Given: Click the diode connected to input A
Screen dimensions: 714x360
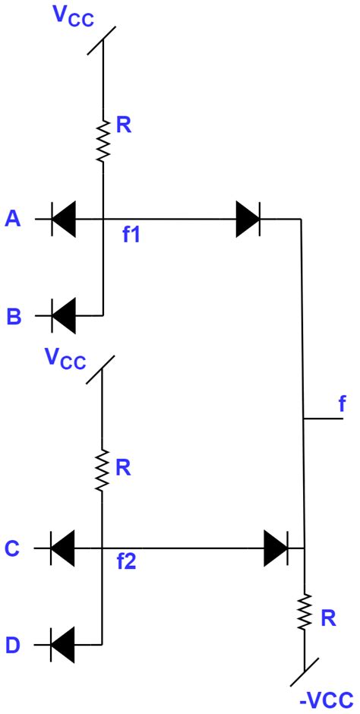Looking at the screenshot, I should [64, 220].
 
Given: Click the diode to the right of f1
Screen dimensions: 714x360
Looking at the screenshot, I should [248, 220].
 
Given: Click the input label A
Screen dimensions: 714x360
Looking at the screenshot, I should [12, 220].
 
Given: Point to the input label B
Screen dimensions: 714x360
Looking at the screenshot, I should [14, 316].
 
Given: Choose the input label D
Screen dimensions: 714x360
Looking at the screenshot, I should [13, 646].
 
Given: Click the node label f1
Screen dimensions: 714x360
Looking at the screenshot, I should [131, 235].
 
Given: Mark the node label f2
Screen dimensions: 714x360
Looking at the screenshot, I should [127, 564].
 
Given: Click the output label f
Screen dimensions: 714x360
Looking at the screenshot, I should [341, 404].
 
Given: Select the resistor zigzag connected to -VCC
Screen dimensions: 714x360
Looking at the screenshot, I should [304, 612].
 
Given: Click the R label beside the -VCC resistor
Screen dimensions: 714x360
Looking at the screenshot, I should [328, 618].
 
